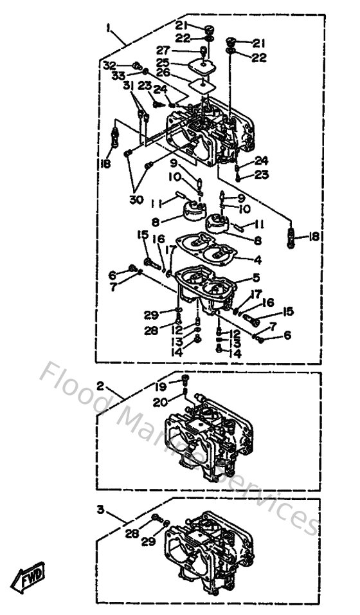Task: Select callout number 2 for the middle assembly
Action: click(100, 387)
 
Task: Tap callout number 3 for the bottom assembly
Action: click(100, 509)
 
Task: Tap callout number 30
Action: click(136, 199)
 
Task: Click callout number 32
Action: click(109, 66)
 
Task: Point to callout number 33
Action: click(118, 75)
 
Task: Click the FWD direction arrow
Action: click(32, 581)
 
